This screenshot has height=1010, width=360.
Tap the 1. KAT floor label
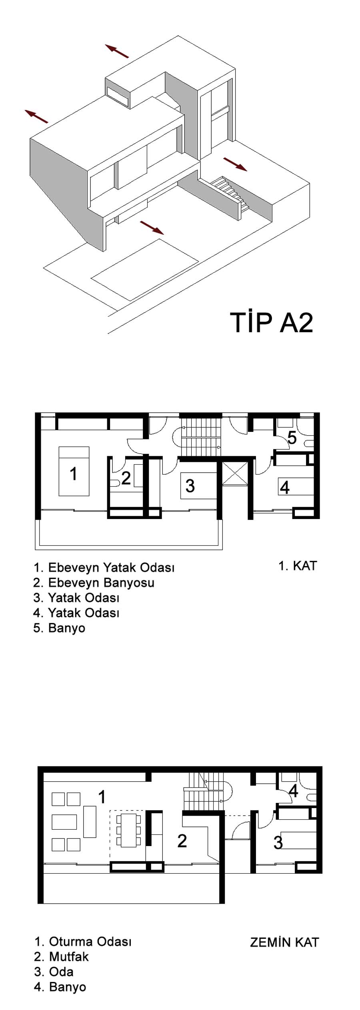pos(298,566)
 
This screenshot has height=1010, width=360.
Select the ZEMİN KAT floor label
pos(284,942)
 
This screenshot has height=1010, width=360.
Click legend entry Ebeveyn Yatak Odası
pos(104,568)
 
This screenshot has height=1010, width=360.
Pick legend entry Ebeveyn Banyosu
pos(94,583)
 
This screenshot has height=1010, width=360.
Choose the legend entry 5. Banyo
pos(59,628)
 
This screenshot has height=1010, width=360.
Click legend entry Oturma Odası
pos(83,942)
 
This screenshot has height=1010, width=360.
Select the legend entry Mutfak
pos(62,957)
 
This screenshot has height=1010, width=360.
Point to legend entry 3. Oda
pos(54,972)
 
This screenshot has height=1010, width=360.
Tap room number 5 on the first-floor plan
pos(292,438)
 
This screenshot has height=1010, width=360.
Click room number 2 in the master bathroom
pos(126,478)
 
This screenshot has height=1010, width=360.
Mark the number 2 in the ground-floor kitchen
pos(182,841)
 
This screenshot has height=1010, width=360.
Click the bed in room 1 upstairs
pos(74,471)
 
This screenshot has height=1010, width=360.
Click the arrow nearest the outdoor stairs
pos(235,164)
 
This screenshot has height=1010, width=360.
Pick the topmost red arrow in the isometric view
pos(117,51)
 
